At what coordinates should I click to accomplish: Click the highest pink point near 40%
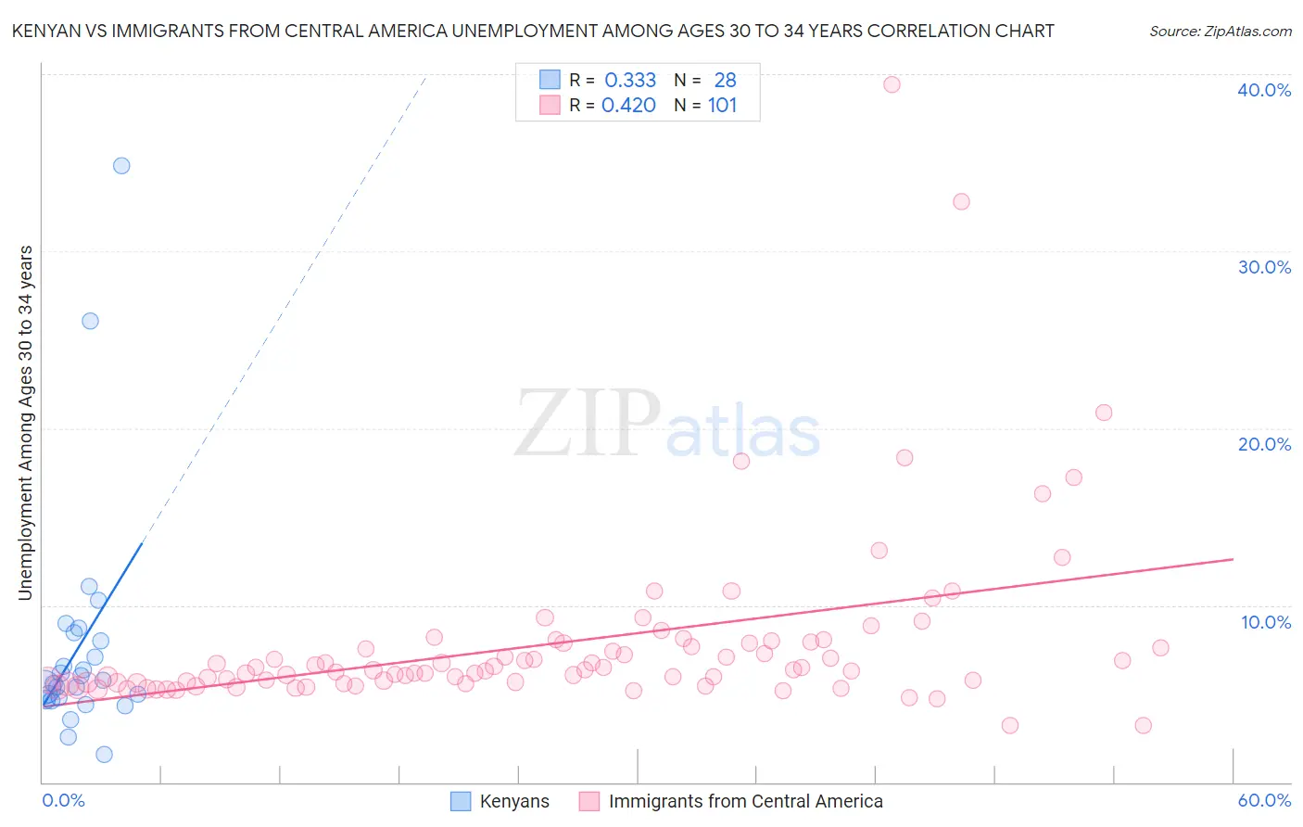click(x=892, y=84)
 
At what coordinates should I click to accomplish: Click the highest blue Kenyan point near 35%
click(x=121, y=166)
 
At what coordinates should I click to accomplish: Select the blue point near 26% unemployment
click(x=90, y=321)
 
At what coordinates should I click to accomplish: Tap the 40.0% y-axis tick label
click(x=1264, y=90)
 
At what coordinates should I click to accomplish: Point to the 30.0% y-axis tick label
click(x=1264, y=267)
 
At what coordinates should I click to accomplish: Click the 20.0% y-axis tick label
click(x=1264, y=444)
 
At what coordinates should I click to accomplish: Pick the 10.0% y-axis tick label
click(x=1266, y=622)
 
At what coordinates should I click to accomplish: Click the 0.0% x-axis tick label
click(x=63, y=800)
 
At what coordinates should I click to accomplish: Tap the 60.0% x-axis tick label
click(x=1264, y=800)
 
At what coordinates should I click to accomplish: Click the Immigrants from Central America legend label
click(x=745, y=801)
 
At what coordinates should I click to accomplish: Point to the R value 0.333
click(x=630, y=81)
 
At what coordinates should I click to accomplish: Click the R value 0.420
click(x=628, y=106)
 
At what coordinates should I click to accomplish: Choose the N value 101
click(x=722, y=106)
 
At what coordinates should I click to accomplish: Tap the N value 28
click(x=725, y=81)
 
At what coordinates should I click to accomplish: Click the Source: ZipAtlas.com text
click(x=1220, y=32)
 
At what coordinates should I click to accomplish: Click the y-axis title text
click(x=25, y=423)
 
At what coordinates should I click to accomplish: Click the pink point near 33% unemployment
click(x=961, y=202)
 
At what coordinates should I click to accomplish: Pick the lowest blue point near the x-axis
click(x=104, y=755)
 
